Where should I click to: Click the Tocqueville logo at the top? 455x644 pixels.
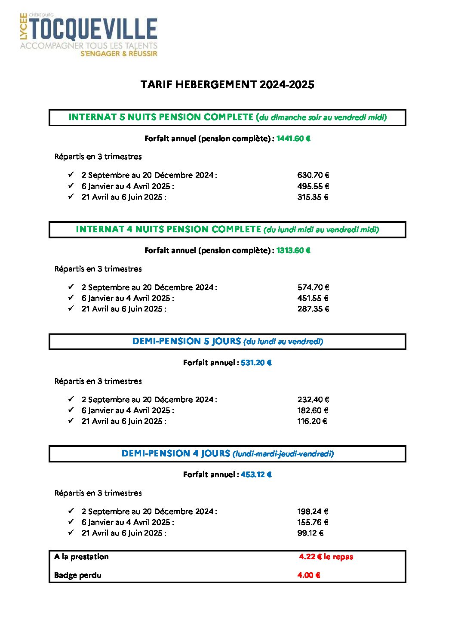(x=89, y=35)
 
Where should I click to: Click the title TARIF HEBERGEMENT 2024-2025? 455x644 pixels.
(x=227, y=84)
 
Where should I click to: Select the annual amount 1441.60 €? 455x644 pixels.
(x=293, y=139)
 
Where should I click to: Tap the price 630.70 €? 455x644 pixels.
(x=313, y=175)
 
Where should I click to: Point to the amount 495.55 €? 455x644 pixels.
(x=313, y=186)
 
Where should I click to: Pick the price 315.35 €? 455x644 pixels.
(x=313, y=197)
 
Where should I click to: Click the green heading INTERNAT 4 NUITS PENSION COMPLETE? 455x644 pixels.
(x=168, y=229)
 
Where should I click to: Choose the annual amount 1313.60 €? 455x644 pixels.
(x=293, y=250)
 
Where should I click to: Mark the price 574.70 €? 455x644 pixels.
(x=313, y=287)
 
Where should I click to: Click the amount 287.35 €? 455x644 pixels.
(x=313, y=309)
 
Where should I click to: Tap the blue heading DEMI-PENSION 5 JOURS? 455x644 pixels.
(x=186, y=341)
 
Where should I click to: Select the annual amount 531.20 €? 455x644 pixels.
(x=256, y=363)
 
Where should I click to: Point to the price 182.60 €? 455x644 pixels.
(x=313, y=410)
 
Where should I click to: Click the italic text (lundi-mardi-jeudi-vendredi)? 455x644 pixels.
(x=283, y=454)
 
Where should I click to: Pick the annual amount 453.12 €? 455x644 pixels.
(x=256, y=475)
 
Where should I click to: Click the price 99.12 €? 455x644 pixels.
(x=310, y=533)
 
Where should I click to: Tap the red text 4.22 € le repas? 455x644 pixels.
(x=326, y=557)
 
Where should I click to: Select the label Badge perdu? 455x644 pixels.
(x=78, y=575)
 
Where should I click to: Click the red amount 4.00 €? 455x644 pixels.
(x=309, y=575)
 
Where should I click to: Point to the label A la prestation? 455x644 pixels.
(x=81, y=557)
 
